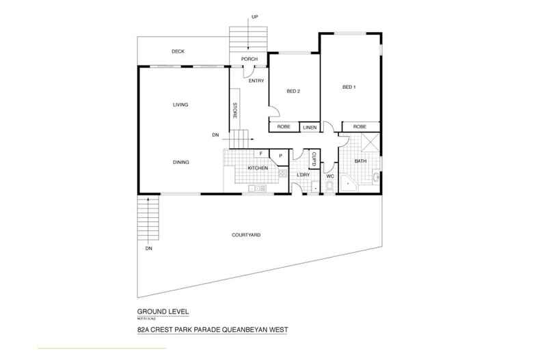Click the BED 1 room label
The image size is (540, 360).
click(x=349, y=87)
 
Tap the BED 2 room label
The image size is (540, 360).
click(x=293, y=91)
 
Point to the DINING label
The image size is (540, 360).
click(x=180, y=162)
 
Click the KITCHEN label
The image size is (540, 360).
click(x=257, y=167)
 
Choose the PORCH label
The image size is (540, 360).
click(x=249, y=59)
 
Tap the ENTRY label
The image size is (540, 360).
click(x=256, y=81)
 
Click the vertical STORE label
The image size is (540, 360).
click(x=235, y=111)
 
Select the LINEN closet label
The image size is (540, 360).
click(x=310, y=128)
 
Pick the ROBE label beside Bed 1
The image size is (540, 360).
click(x=359, y=127)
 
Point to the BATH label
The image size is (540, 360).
click(x=360, y=161)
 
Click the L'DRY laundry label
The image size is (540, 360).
click(x=303, y=176)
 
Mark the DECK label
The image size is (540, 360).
click(x=178, y=52)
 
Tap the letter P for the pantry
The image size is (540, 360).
click(x=280, y=156)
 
